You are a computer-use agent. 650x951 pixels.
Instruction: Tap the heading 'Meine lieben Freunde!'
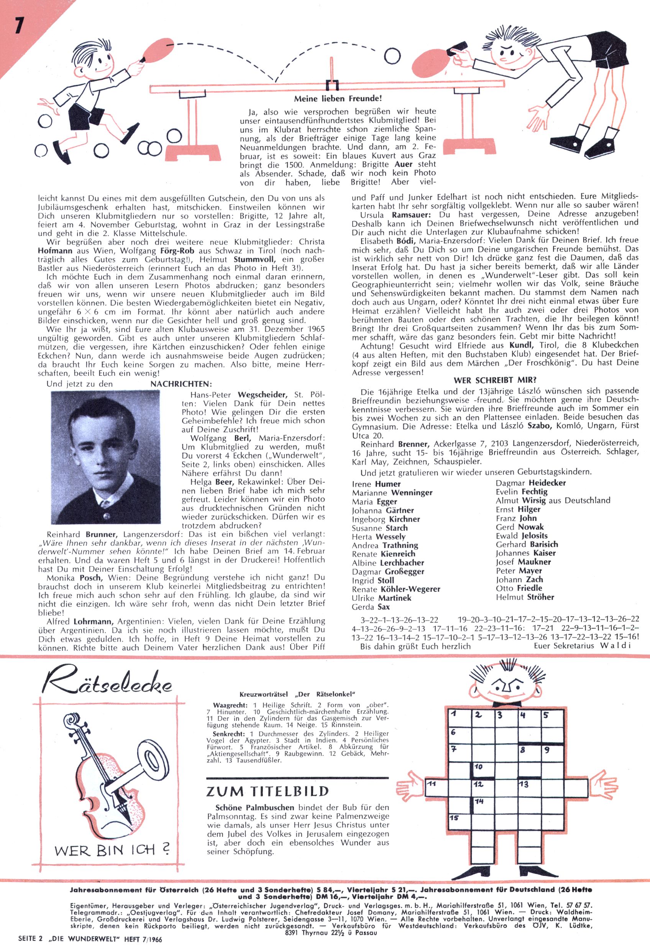[x=338, y=99]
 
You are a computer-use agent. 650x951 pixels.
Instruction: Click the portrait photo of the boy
[x=105, y=457]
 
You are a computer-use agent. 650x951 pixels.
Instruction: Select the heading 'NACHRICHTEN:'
[x=181, y=384]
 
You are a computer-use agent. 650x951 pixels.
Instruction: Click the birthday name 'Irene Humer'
[x=376, y=484]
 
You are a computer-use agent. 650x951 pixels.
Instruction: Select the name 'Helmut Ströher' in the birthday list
[x=525, y=597]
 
